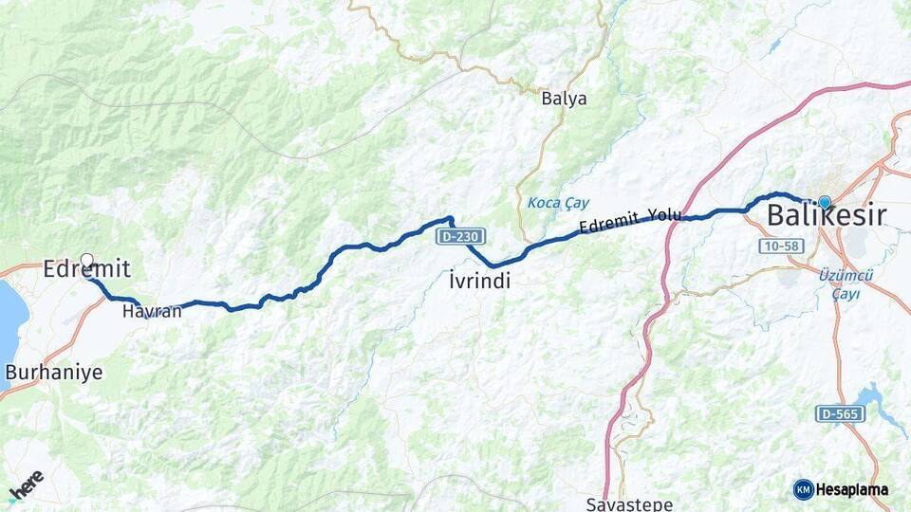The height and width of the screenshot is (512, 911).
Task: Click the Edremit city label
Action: pyautogui.click(x=86, y=269)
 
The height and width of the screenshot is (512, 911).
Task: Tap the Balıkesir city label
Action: pyautogui.click(x=827, y=215)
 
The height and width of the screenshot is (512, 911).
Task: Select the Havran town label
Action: pyautogui.click(x=152, y=311)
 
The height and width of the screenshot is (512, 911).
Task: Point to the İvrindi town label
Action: pyautogui.click(x=479, y=281)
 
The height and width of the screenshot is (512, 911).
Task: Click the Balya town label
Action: pyautogui.click(x=564, y=99)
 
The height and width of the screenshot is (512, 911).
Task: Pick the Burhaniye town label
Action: pyautogui.click(x=53, y=373)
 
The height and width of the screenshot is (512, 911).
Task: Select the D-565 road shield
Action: pyautogui.click(x=840, y=414)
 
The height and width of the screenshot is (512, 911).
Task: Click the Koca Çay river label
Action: pyautogui.click(x=558, y=203)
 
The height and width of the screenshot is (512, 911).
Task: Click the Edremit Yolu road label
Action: pyautogui.click(x=630, y=220)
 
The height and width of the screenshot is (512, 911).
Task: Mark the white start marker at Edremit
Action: pyautogui.click(x=87, y=260)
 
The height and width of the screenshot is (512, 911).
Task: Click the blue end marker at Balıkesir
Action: pyautogui.click(x=824, y=202)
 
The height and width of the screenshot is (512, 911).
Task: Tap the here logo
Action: pyautogui.click(x=26, y=485)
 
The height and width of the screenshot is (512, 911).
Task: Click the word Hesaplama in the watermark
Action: pyautogui.click(x=852, y=489)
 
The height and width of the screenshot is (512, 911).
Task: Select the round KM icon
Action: pyautogui.click(x=803, y=489)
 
